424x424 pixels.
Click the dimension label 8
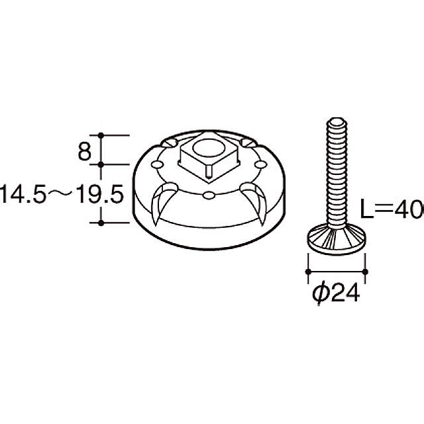(84, 152)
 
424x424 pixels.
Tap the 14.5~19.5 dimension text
(62, 194)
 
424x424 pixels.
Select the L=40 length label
(392, 209)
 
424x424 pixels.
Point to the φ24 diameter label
(336, 293)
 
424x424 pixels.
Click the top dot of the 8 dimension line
(101, 135)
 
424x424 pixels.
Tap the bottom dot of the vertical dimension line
(101, 223)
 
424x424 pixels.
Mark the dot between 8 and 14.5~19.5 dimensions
(101, 164)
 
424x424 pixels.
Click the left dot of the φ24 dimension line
(308, 271)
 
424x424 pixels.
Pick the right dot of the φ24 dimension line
(365, 271)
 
